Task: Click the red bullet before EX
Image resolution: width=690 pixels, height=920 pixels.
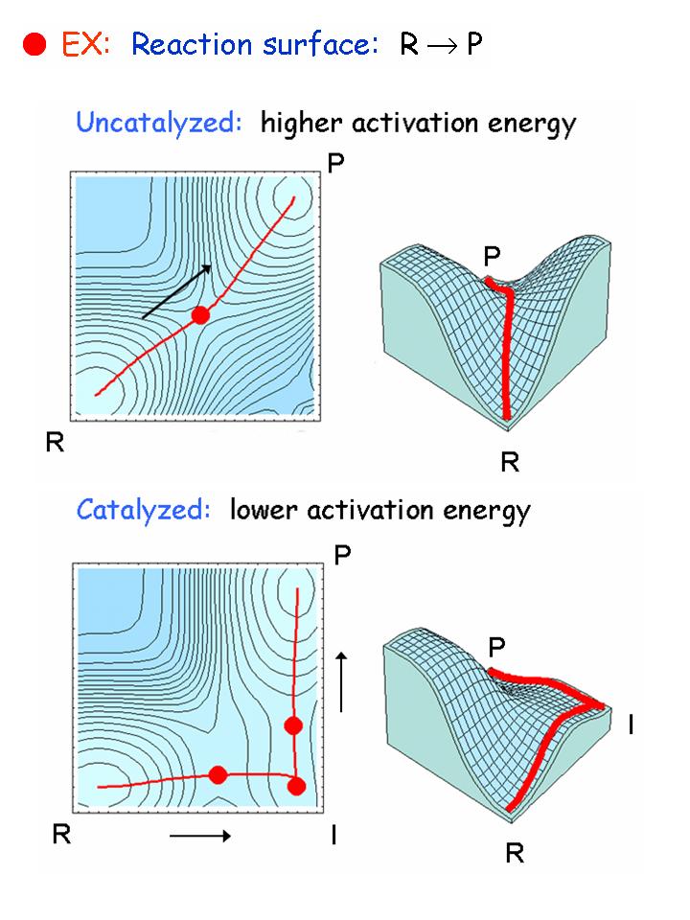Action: [35, 45]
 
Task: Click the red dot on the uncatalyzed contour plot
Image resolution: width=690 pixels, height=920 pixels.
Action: [199, 314]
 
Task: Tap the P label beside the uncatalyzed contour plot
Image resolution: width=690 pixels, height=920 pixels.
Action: [335, 164]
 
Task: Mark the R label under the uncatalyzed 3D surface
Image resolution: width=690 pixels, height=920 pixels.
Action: [510, 464]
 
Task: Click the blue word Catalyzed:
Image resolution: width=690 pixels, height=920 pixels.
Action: [143, 509]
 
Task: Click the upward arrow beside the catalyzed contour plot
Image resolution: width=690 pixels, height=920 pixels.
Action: [342, 680]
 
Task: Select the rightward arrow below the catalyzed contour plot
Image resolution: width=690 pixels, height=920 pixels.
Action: [200, 836]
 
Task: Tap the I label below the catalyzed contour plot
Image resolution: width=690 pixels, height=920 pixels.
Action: [333, 835]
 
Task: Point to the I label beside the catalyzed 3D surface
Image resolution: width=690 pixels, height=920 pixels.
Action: [632, 726]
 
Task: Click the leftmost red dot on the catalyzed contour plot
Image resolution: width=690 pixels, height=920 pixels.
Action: [218, 774]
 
